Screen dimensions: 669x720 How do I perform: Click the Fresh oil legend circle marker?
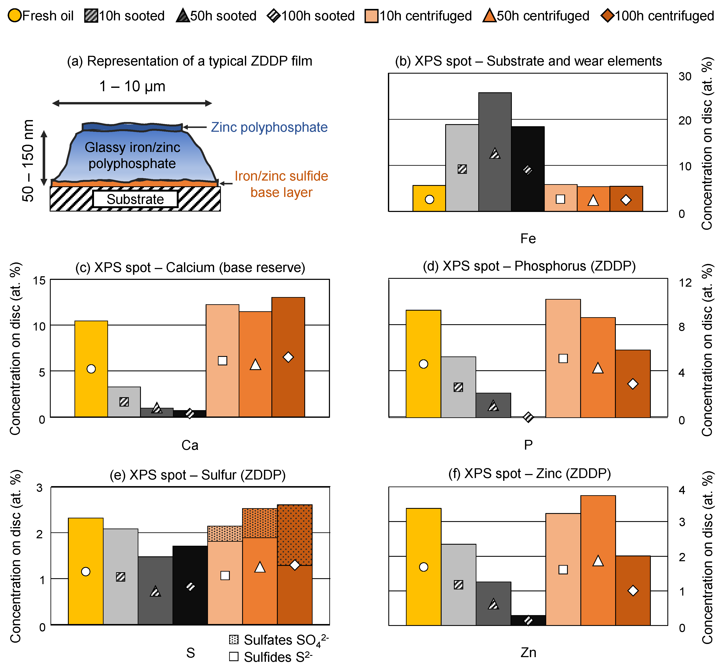(14, 16)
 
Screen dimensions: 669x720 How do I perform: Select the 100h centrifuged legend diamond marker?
(607, 16)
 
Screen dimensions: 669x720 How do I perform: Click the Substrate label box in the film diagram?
(135, 199)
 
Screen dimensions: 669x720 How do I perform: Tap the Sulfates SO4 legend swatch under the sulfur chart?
(234, 640)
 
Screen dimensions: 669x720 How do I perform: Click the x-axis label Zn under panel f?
(528, 652)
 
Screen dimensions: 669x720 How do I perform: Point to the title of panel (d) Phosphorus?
(529, 266)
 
